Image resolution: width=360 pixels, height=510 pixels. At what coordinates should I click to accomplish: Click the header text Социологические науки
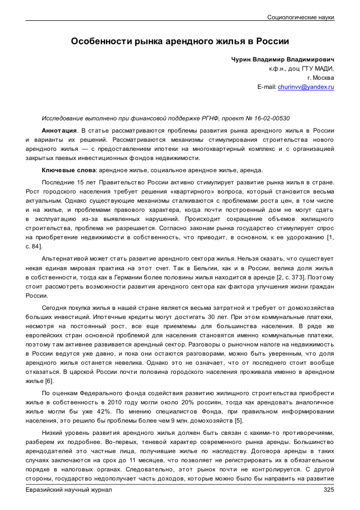(x=301, y=17)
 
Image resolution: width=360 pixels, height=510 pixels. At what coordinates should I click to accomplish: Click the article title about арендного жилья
(x=180, y=41)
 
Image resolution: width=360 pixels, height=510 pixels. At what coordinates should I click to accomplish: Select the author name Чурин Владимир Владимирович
(x=283, y=59)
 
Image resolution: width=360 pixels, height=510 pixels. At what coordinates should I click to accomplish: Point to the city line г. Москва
(x=320, y=78)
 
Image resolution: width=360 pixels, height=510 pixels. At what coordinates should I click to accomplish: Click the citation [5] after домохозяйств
(x=239, y=421)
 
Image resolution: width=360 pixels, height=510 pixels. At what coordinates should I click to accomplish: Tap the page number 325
(x=329, y=490)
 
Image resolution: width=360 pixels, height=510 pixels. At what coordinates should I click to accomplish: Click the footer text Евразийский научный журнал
(x=69, y=490)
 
